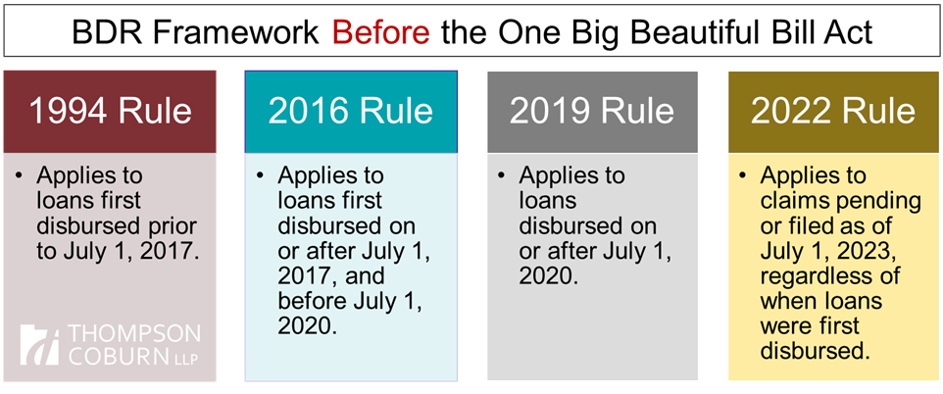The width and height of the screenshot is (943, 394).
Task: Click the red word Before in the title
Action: (381, 33)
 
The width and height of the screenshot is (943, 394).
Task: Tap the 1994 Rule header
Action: (110, 112)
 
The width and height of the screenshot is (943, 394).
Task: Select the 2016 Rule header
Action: (351, 112)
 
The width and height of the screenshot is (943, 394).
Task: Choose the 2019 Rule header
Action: (592, 112)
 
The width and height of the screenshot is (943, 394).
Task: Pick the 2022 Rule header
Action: (833, 112)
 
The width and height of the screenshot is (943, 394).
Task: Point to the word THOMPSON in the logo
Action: (133, 334)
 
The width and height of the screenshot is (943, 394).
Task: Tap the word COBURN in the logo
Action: (118, 356)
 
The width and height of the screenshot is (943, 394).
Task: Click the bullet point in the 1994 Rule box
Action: (20, 176)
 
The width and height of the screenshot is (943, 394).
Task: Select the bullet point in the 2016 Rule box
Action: (260, 176)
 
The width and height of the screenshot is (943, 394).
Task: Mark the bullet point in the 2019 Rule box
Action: (502, 176)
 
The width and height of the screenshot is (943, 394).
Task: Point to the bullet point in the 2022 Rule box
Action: (743, 176)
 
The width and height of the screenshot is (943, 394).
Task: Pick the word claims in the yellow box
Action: (794, 202)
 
